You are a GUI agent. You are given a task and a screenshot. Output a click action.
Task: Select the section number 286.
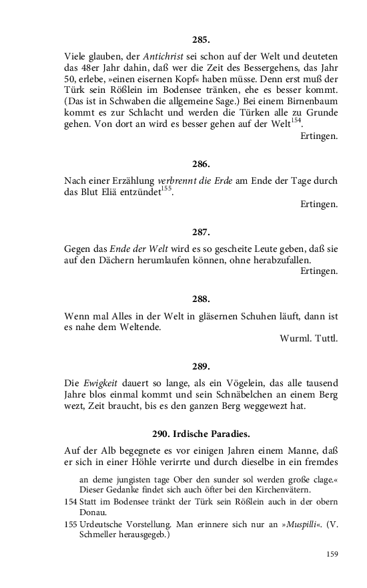point(200,164)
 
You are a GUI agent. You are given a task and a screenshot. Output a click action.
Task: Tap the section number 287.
point(200,232)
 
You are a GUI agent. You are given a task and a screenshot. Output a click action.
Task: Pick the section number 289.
point(200,366)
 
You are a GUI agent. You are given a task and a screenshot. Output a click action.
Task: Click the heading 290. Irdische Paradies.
point(201,433)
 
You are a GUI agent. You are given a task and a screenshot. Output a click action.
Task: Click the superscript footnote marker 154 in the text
point(296,120)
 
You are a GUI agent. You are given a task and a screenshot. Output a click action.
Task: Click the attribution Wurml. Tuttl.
point(309,338)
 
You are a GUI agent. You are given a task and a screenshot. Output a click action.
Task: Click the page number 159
point(332,553)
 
